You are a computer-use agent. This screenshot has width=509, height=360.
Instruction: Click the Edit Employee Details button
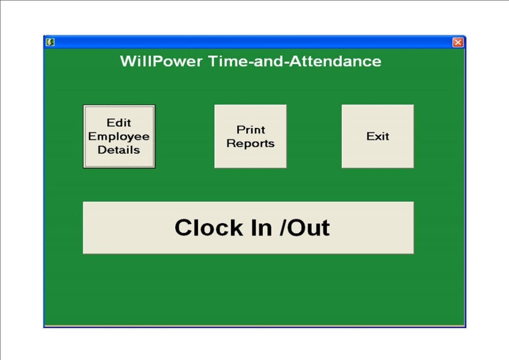click(119, 136)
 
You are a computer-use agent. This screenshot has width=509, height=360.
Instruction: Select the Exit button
click(378, 136)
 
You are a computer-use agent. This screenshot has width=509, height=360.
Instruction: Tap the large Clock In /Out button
click(248, 227)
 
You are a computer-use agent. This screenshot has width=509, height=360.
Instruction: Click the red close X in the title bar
click(458, 42)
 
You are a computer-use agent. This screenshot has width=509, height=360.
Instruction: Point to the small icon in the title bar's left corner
click(50, 42)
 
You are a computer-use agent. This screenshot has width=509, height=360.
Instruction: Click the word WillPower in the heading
click(161, 61)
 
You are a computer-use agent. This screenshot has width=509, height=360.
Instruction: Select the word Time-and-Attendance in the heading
click(294, 61)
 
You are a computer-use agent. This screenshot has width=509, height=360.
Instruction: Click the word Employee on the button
click(119, 136)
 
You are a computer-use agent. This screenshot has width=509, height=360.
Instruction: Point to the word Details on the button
click(119, 150)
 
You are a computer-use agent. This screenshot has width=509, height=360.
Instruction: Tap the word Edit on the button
click(119, 123)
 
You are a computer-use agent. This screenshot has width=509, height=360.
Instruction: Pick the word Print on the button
click(251, 129)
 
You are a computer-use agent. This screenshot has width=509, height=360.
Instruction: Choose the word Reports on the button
click(251, 143)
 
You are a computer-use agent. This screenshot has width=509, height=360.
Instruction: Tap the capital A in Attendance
click(293, 61)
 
